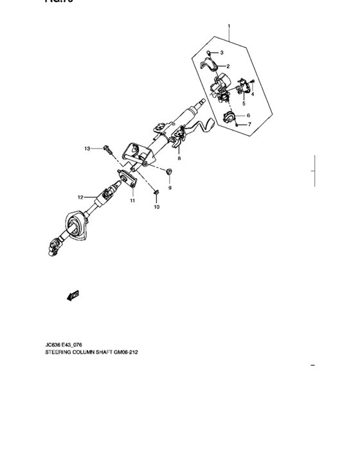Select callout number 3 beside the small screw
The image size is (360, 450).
point(221,52)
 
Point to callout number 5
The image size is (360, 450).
point(244,103)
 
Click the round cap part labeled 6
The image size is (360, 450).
point(229,117)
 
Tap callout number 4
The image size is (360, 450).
point(253,94)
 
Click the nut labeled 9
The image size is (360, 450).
point(168,172)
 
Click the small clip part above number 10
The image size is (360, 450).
point(156,192)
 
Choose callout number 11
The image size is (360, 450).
point(132,201)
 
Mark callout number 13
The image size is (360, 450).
point(87,148)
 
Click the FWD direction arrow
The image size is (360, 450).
point(72,295)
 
